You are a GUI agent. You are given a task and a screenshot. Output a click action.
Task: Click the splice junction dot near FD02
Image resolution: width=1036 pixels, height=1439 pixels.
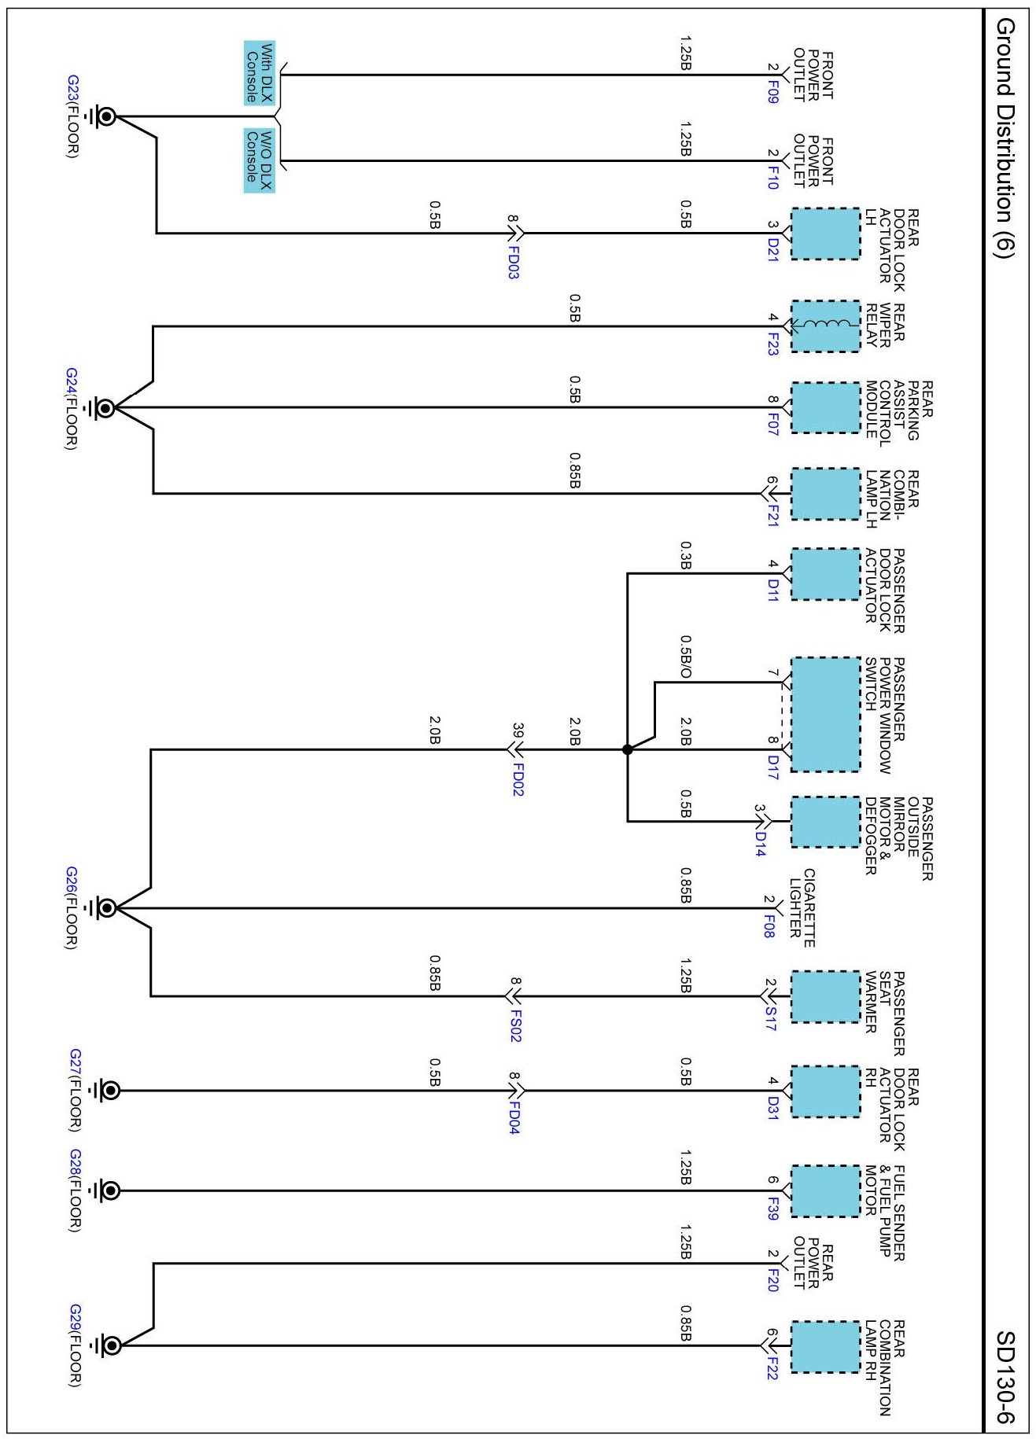627,749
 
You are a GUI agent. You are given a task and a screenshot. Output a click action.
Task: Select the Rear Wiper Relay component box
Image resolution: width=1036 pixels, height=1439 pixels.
824,326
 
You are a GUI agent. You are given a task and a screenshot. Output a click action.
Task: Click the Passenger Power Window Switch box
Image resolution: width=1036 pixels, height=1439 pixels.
824,714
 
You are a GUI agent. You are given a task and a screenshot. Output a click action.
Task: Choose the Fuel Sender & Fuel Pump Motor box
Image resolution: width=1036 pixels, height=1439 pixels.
824,1191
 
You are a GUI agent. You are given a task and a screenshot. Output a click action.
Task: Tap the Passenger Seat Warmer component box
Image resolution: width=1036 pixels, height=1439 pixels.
824,997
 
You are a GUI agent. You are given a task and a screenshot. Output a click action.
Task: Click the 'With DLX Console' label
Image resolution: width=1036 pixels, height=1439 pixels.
259,73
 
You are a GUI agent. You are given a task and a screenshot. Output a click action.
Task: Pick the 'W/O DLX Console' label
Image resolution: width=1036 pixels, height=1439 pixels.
259,160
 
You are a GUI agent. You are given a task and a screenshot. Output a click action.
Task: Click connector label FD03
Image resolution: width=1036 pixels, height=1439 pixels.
513,263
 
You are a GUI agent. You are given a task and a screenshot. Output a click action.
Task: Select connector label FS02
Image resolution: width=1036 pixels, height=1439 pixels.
514,1025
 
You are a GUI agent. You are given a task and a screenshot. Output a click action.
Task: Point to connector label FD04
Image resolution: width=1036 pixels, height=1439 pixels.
513,1117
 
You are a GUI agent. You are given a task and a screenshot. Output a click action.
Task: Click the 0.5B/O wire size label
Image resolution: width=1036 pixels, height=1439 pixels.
685,657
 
